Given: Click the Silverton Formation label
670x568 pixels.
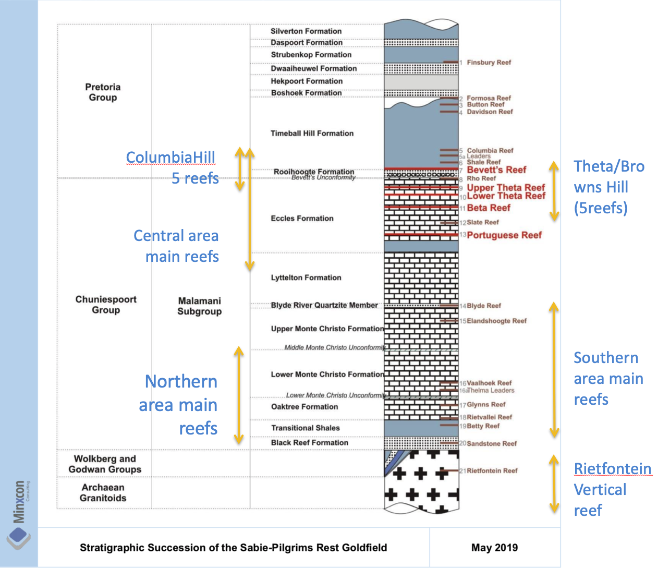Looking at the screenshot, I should coord(306,31).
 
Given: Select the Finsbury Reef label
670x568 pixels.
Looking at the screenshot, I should coord(489,63).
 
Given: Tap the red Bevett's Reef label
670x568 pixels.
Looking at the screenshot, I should coord(496,170).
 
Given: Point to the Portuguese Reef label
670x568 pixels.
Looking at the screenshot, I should coord(504,235).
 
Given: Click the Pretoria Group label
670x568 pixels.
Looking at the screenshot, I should coord(103,92).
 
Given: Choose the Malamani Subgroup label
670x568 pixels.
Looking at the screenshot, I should coord(199,306).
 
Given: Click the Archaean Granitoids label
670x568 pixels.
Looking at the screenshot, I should coord(103,493).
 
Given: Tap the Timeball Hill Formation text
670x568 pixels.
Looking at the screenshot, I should coord(312,134).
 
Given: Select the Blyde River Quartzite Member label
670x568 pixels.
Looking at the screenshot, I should coord(324,305).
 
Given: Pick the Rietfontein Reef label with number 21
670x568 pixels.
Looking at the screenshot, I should coord(492,471).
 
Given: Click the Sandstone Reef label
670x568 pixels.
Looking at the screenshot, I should coord(492,444).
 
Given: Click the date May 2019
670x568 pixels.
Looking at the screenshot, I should coord(494,548).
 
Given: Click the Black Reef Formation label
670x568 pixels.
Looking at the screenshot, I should coord(310,443).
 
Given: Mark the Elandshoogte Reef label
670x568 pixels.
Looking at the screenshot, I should coord(496,321).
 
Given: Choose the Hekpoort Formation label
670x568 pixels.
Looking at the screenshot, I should coord(307,81).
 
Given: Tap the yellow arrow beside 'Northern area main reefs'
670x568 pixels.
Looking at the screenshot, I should coord(239,395).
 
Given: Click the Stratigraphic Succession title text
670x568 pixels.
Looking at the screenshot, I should coord(233,548).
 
